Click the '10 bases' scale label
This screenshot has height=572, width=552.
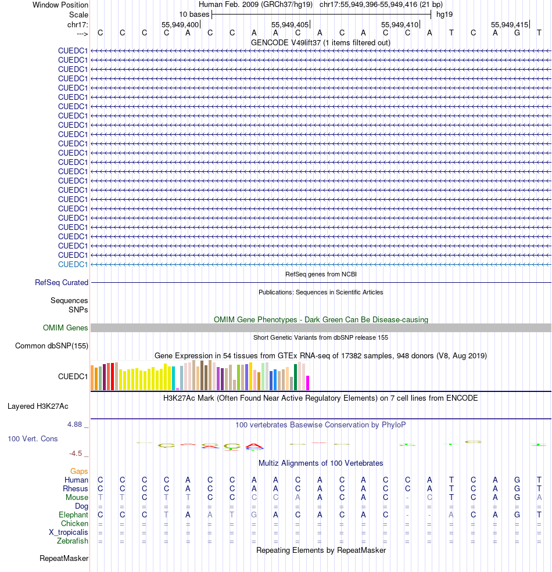pyautogui.click(x=194, y=14)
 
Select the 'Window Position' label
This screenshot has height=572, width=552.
pyautogui.click(x=60, y=5)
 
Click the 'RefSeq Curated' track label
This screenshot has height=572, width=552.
pyautogui.click(x=62, y=283)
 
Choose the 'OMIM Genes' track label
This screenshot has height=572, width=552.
pyautogui.click(x=66, y=328)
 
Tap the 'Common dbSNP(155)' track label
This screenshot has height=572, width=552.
pyautogui.click(x=51, y=346)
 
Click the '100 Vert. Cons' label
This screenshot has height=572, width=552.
pyautogui.click(x=33, y=439)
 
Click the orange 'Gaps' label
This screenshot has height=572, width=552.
pyautogui.click(x=79, y=471)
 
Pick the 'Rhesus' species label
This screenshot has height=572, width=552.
pyautogui.click(x=76, y=489)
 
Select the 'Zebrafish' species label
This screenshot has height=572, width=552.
pyautogui.click(x=73, y=541)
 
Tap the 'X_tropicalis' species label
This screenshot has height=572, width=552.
pyautogui.click(x=69, y=533)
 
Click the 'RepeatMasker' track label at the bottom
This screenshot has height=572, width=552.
pyautogui.click(x=64, y=559)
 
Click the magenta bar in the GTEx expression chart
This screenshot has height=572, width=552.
pyautogui.click(x=307, y=383)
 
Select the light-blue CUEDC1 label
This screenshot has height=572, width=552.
pyautogui.click(x=73, y=264)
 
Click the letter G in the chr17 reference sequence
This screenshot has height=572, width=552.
pyautogui.click(x=517, y=33)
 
